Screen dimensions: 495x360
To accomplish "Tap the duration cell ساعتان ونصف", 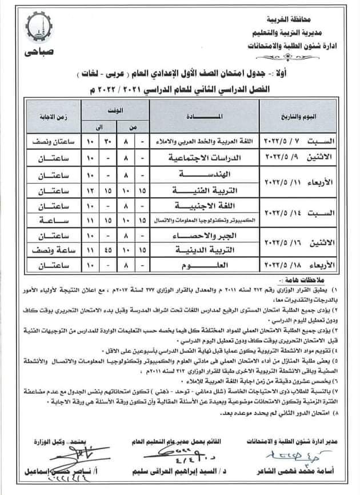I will click(x=46, y=141).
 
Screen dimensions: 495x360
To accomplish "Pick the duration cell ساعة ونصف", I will click(x=46, y=251).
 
